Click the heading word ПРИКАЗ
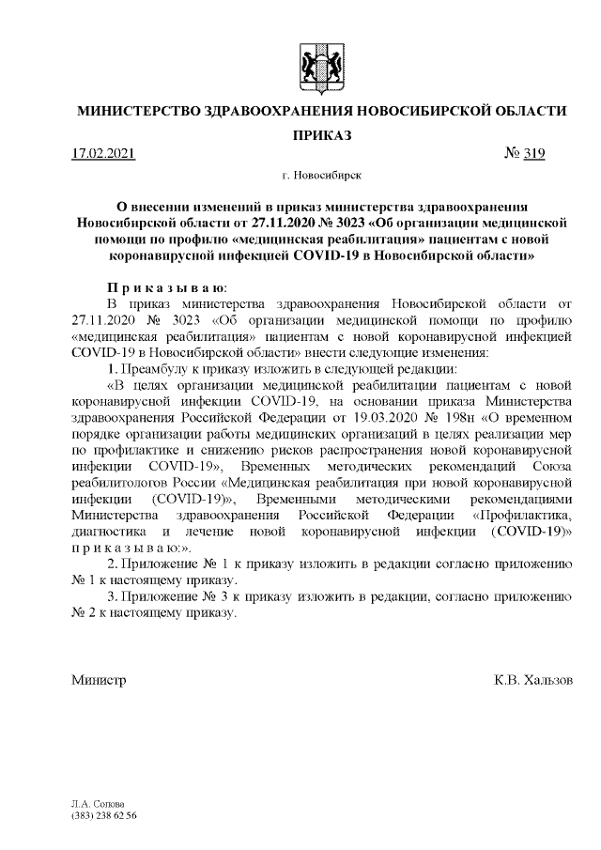click(320, 135)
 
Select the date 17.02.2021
click(104, 153)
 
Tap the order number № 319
click(524, 153)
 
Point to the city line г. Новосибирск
click(320, 175)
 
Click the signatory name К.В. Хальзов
click(532, 678)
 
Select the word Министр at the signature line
click(99, 678)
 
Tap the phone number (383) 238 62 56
click(103, 815)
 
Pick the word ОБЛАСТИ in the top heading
click(530, 111)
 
